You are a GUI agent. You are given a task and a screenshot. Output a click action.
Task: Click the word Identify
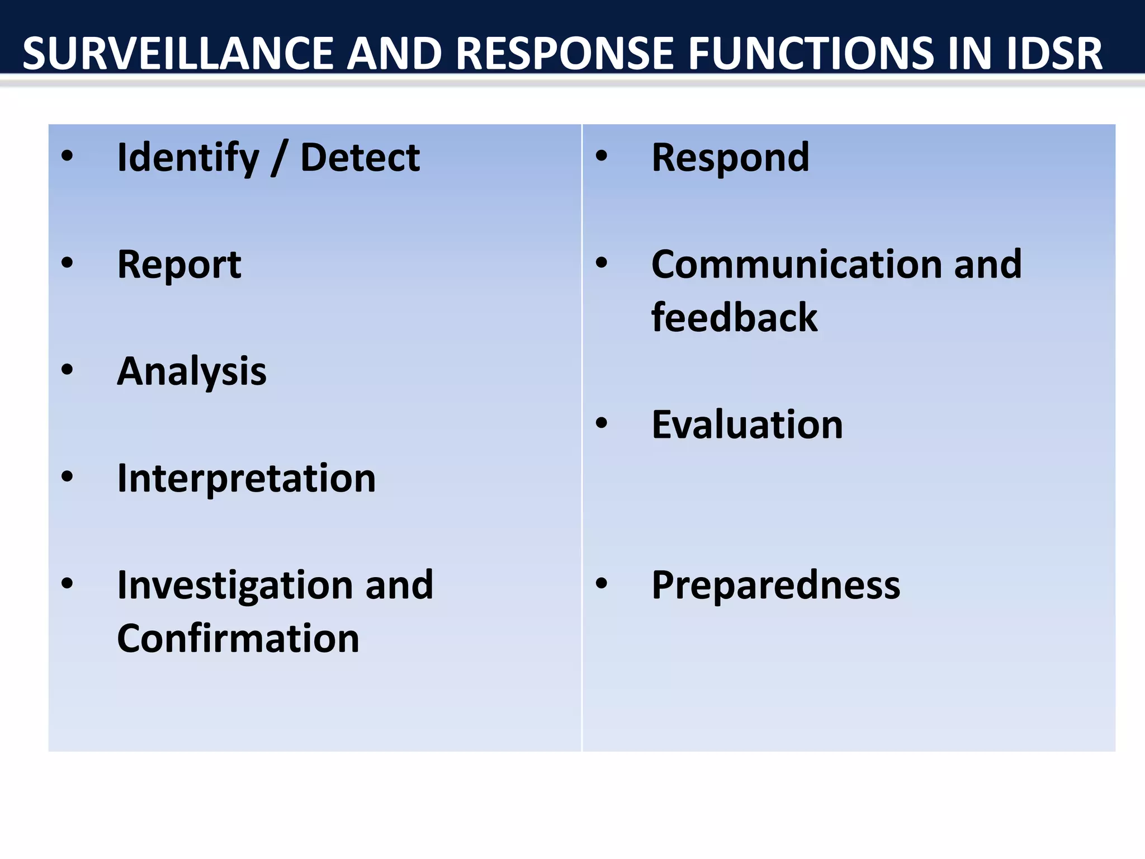(188, 159)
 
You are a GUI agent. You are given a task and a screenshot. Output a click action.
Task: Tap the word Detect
(360, 158)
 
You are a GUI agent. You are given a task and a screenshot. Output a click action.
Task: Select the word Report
(179, 265)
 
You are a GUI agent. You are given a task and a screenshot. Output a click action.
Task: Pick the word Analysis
(192, 372)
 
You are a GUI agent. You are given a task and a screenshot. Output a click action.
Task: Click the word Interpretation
(247, 479)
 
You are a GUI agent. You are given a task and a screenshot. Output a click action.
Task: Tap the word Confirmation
(238, 639)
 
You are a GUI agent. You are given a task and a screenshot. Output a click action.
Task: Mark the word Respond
(730, 159)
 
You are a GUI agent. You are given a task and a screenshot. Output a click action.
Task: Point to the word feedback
(734, 318)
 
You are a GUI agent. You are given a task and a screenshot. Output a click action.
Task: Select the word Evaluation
(747, 425)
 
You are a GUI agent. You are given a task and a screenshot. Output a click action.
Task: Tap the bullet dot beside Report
(68, 263)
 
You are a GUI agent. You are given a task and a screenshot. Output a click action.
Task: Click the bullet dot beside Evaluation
(602, 423)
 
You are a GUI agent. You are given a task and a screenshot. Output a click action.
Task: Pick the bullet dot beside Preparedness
(602, 584)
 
